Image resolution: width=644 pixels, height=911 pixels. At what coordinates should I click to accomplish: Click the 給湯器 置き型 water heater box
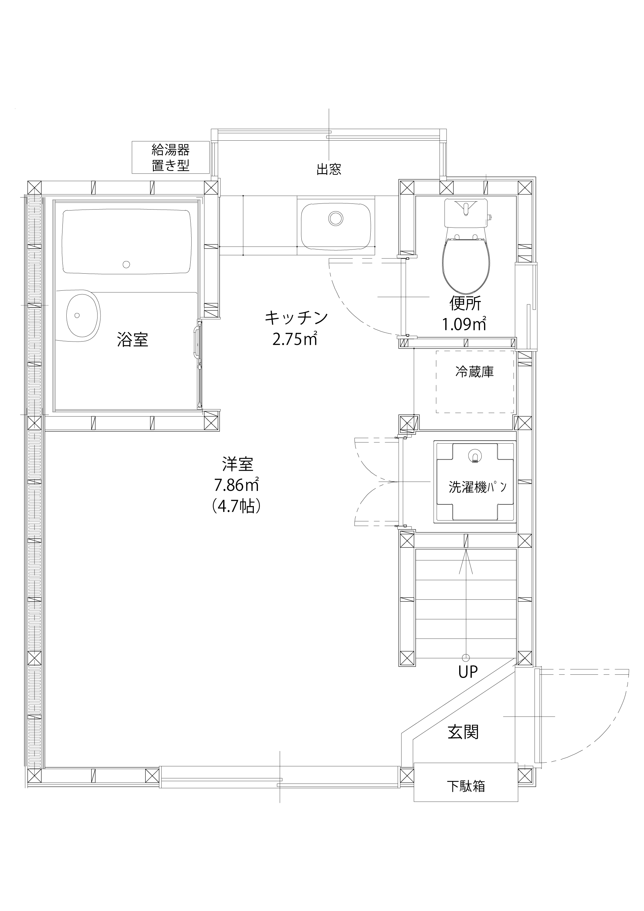point(170,157)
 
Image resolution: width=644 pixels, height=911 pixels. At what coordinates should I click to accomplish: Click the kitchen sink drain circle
point(336,218)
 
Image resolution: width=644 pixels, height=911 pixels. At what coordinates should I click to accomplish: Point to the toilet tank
point(466,213)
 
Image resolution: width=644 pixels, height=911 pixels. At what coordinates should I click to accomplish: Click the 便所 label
point(465,304)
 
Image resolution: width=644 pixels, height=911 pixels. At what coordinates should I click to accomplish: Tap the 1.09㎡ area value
point(464,324)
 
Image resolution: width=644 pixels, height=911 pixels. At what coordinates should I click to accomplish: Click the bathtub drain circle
point(126,264)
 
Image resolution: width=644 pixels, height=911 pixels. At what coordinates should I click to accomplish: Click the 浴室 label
point(133,340)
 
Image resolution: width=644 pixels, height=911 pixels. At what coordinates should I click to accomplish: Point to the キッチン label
point(297,317)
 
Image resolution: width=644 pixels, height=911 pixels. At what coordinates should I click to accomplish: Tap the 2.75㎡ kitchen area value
point(295,339)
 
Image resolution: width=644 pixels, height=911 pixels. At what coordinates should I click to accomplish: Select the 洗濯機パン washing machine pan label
point(478,487)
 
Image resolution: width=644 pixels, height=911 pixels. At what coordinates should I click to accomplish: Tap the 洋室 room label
point(238,464)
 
